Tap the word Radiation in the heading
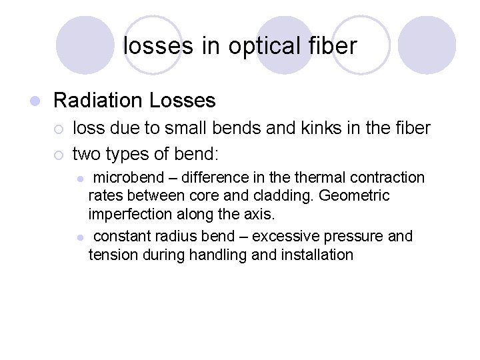tap(99, 101)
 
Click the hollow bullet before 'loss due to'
tap(59, 128)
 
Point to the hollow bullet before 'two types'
tap(59, 155)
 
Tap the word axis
tap(259, 215)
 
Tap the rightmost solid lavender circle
tap(427, 45)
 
